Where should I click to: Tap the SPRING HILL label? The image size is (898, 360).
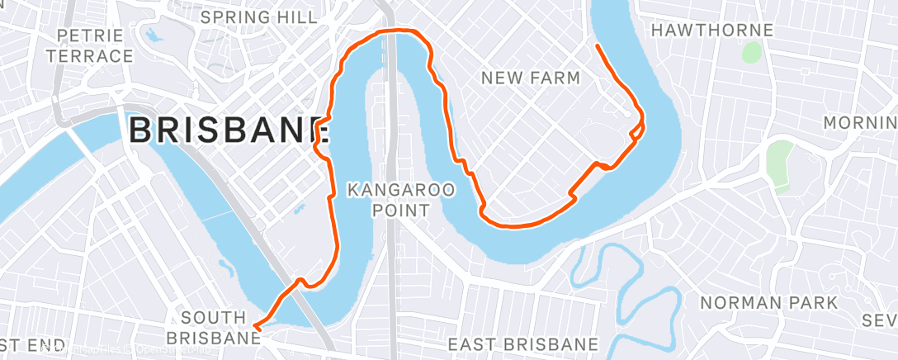click(258, 17)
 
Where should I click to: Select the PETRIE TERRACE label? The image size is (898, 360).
click(95, 46)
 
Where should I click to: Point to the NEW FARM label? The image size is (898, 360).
click(531, 78)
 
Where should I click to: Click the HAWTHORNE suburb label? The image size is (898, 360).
click(711, 31)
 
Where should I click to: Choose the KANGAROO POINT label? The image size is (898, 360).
click(400, 200)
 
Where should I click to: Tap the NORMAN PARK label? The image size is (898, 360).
click(768, 303)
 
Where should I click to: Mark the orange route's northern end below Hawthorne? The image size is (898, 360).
click(596, 45)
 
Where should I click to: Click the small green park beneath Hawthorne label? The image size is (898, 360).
click(750, 52)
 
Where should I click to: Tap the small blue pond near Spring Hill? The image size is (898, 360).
click(153, 36)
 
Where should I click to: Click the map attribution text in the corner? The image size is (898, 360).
click(124, 351)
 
